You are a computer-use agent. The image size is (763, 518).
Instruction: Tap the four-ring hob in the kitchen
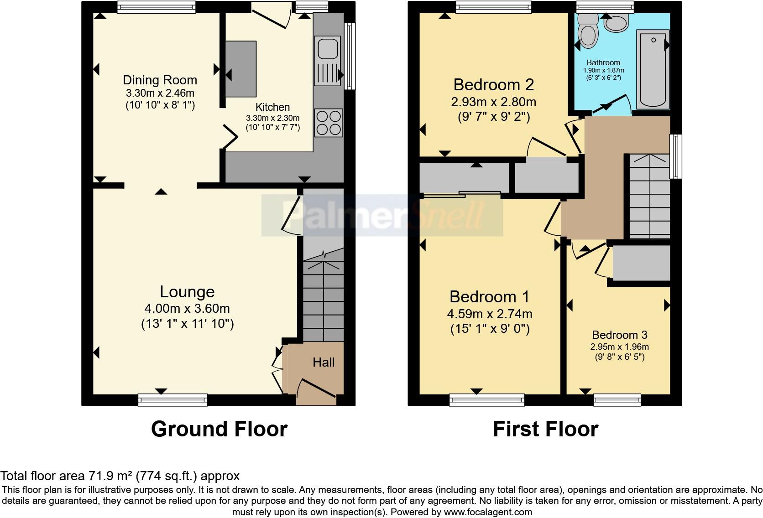click(329, 123)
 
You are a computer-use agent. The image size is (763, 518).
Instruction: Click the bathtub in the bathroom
click(653, 69)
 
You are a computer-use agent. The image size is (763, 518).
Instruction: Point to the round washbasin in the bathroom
click(616, 24)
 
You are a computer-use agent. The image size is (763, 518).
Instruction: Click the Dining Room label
click(160, 80)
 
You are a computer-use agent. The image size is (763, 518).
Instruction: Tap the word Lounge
click(188, 292)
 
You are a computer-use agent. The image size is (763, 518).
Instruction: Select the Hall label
click(324, 362)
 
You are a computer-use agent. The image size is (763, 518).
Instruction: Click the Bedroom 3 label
click(620, 335)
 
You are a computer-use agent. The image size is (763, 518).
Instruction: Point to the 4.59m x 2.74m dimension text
click(490, 314)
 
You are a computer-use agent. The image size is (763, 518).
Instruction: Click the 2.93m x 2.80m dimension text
click(494, 102)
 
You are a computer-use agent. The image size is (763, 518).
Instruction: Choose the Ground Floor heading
click(219, 429)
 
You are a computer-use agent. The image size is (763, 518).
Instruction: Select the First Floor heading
click(546, 429)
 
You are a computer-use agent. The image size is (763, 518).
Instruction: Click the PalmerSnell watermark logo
click(382, 215)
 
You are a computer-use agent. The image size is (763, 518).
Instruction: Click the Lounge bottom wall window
click(172, 400)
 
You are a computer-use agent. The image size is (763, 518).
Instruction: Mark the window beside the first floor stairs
click(676, 156)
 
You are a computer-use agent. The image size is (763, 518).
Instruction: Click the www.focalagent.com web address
click(488, 512)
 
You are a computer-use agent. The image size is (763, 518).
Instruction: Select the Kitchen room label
click(272, 107)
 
